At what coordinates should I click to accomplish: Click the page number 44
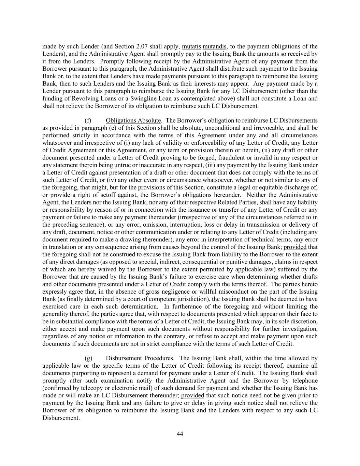(x=180, y=434)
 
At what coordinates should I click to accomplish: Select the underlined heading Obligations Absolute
(x=133, y=121)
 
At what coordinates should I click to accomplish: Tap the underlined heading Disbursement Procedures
(x=139, y=358)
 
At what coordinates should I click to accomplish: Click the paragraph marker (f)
(x=88, y=121)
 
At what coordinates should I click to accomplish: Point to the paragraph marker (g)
(x=88, y=358)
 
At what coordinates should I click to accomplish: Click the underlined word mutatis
(x=191, y=46)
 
